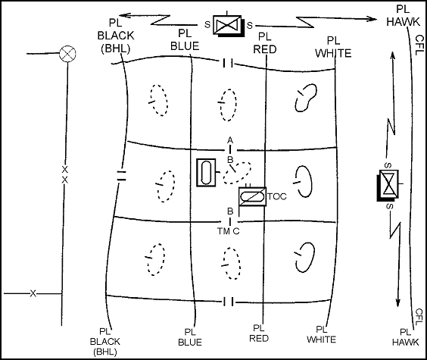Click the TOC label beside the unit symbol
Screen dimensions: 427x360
tap(277, 196)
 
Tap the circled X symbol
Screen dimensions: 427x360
tap(67, 53)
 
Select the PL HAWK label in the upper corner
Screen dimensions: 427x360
tap(403, 15)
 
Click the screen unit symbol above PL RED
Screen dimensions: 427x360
tap(228, 26)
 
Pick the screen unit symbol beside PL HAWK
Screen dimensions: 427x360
tap(388, 185)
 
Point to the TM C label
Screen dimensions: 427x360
tap(228, 231)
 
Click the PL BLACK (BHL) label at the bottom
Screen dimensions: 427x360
tap(104, 342)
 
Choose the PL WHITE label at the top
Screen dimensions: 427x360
tap(333, 47)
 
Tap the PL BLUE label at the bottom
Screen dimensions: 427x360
tap(190, 337)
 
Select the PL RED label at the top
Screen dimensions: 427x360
tap(265, 43)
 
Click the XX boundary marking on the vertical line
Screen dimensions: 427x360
tap(65, 175)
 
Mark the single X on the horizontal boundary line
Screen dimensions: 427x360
tap(33, 293)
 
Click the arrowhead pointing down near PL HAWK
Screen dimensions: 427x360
tap(398, 302)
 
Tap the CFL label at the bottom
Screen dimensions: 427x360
tap(419, 317)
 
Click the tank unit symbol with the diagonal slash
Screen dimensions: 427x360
tap(252, 196)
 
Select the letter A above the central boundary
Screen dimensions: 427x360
tap(230, 140)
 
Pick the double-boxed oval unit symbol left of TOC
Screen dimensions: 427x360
tap(206, 173)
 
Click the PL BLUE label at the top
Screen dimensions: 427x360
tap(185, 40)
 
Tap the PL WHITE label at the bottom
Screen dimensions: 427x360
tap(322, 335)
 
